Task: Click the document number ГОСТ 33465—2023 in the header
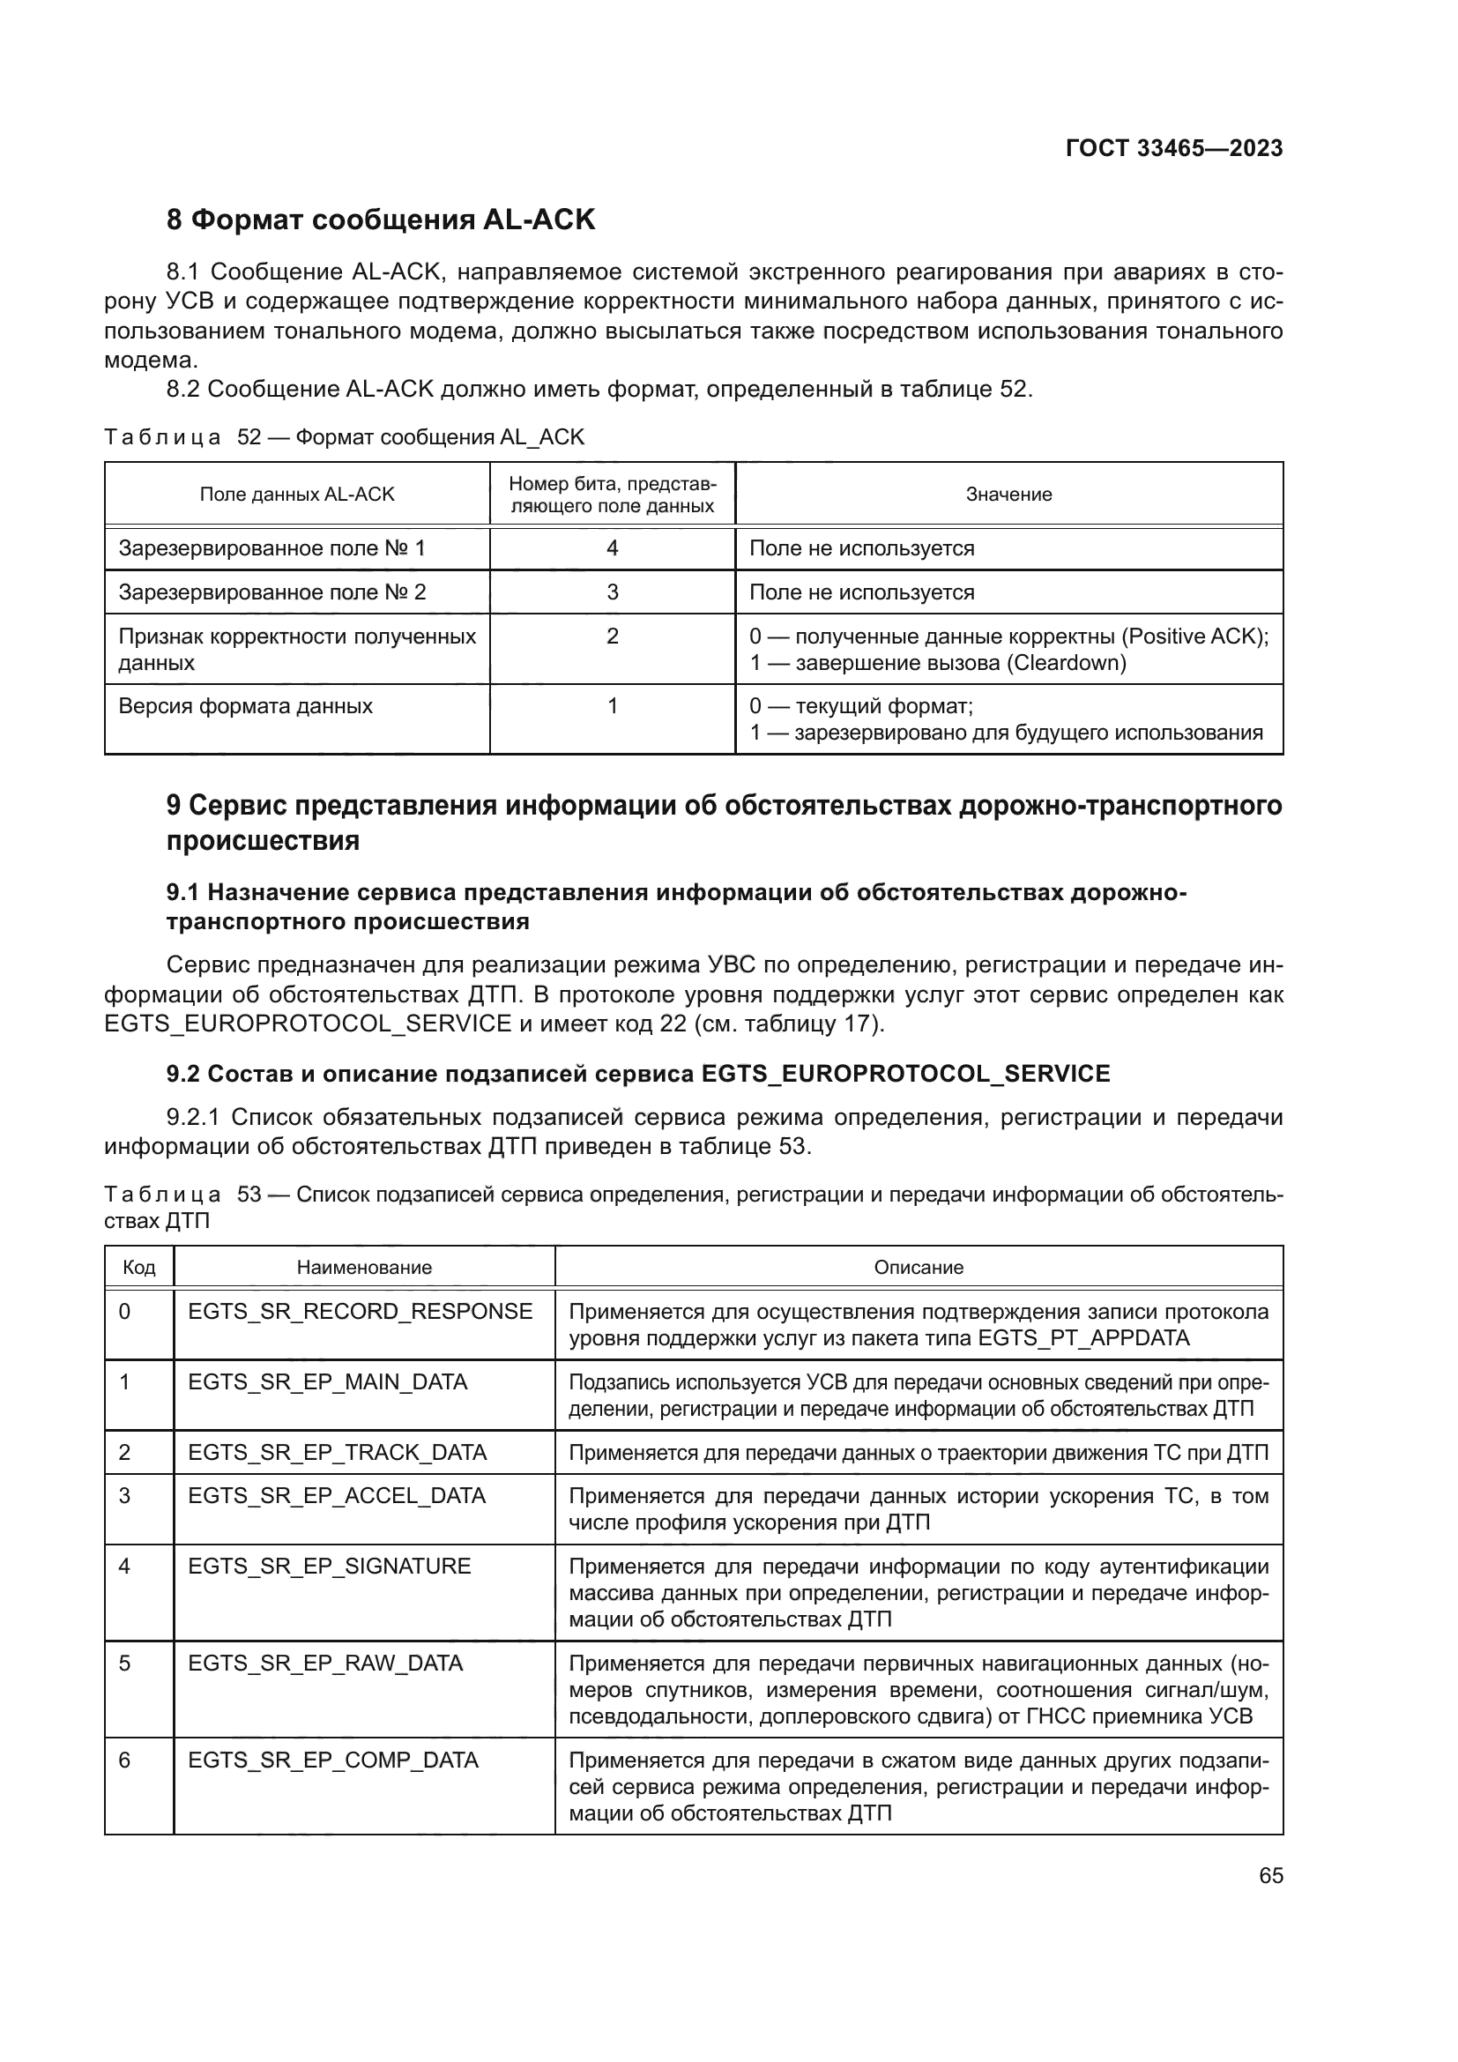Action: point(1173,148)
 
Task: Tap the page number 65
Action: point(1270,1875)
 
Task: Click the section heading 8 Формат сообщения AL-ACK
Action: point(381,220)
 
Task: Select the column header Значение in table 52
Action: point(1008,494)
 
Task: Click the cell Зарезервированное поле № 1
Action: point(272,547)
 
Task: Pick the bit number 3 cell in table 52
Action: point(613,592)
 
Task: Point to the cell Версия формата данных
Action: point(245,706)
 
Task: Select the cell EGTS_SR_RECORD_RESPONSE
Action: point(360,1311)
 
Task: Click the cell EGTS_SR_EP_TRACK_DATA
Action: point(337,1452)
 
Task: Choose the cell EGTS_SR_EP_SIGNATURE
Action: point(330,1567)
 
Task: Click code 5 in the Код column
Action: point(125,1664)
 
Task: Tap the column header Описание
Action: point(919,1267)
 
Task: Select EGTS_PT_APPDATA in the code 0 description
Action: point(1083,1338)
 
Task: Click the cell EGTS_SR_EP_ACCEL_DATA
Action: point(337,1495)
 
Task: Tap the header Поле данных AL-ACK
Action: point(296,494)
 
